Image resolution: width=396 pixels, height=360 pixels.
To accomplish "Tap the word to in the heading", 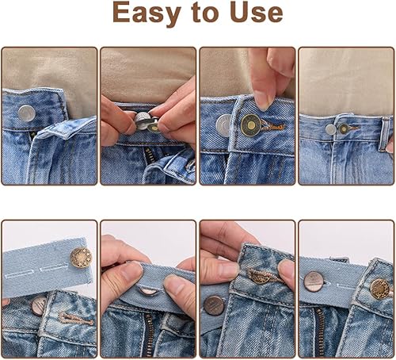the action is coord(205,13).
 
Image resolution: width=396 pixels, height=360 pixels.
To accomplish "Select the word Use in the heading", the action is coord(257,13).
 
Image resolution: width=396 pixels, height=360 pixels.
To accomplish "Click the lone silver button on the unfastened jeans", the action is coord(27,113).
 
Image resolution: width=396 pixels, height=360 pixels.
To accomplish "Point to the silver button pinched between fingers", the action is coord(143,121).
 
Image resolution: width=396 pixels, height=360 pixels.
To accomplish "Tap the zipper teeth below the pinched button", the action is coord(148,155).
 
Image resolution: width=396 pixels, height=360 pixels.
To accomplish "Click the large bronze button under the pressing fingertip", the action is coord(251,125).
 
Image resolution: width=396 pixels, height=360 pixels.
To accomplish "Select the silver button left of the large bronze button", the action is coord(223,125).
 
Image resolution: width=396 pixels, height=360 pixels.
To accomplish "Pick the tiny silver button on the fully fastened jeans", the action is coord(330,129).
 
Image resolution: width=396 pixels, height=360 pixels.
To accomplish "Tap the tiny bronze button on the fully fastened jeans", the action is coord(344,128).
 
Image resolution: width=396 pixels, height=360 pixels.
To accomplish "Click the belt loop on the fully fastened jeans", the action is coord(386,134).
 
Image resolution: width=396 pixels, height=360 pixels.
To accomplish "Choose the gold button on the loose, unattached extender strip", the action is coord(81,257).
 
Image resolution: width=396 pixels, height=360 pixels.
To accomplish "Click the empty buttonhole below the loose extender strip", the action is coord(75,318).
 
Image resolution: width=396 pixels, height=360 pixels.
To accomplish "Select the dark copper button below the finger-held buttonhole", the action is coord(214,305).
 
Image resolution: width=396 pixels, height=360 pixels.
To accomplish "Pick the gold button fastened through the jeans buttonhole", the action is coord(380,289).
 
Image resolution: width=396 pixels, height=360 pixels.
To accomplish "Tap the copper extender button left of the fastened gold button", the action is coord(314,281).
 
